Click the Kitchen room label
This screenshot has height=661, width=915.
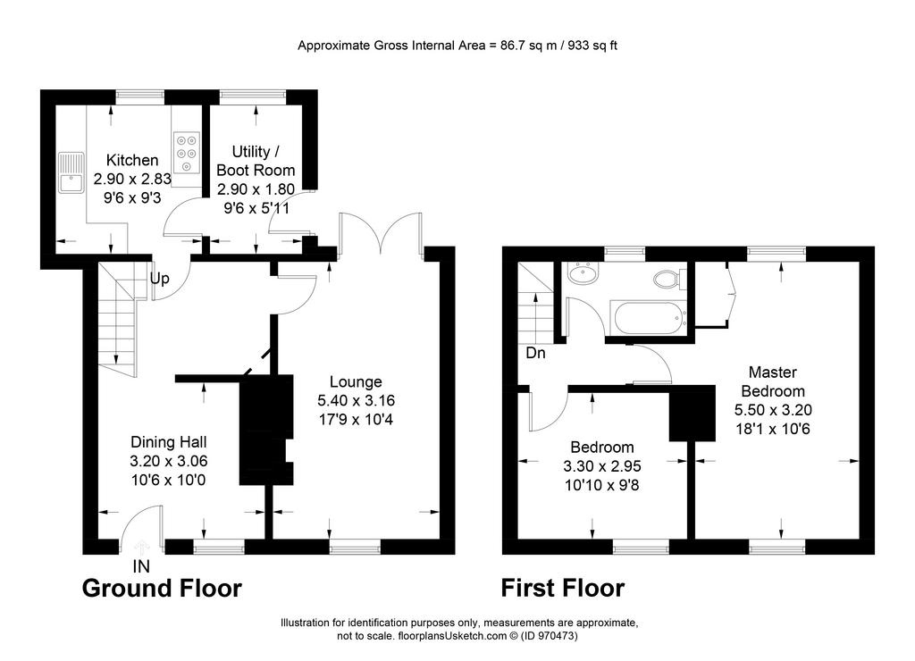pyautogui.click(x=132, y=161)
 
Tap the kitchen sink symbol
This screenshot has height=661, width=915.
pyautogui.click(x=71, y=172)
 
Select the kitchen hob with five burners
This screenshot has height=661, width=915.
pyautogui.click(x=187, y=152)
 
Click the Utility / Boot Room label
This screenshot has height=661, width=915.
pyautogui.click(x=256, y=161)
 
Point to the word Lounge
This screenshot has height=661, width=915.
pyautogui.click(x=356, y=381)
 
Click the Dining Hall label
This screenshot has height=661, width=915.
pyautogui.click(x=169, y=442)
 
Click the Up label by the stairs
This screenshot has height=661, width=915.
pyautogui.click(x=159, y=279)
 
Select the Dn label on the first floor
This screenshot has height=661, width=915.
pyautogui.click(x=536, y=353)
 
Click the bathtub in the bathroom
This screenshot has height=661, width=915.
pyautogui.click(x=648, y=318)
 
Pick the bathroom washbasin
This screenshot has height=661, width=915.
pyautogui.click(x=583, y=274)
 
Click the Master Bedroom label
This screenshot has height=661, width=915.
pyautogui.click(x=773, y=381)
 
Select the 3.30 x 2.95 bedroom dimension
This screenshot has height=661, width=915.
pyautogui.click(x=602, y=466)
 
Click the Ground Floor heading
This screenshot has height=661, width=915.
pyautogui.click(x=162, y=588)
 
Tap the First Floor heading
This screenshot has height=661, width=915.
pyautogui.click(x=563, y=588)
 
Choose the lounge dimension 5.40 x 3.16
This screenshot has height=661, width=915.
pyautogui.click(x=356, y=400)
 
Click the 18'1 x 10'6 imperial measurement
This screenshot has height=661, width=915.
pyautogui.click(x=773, y=429)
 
